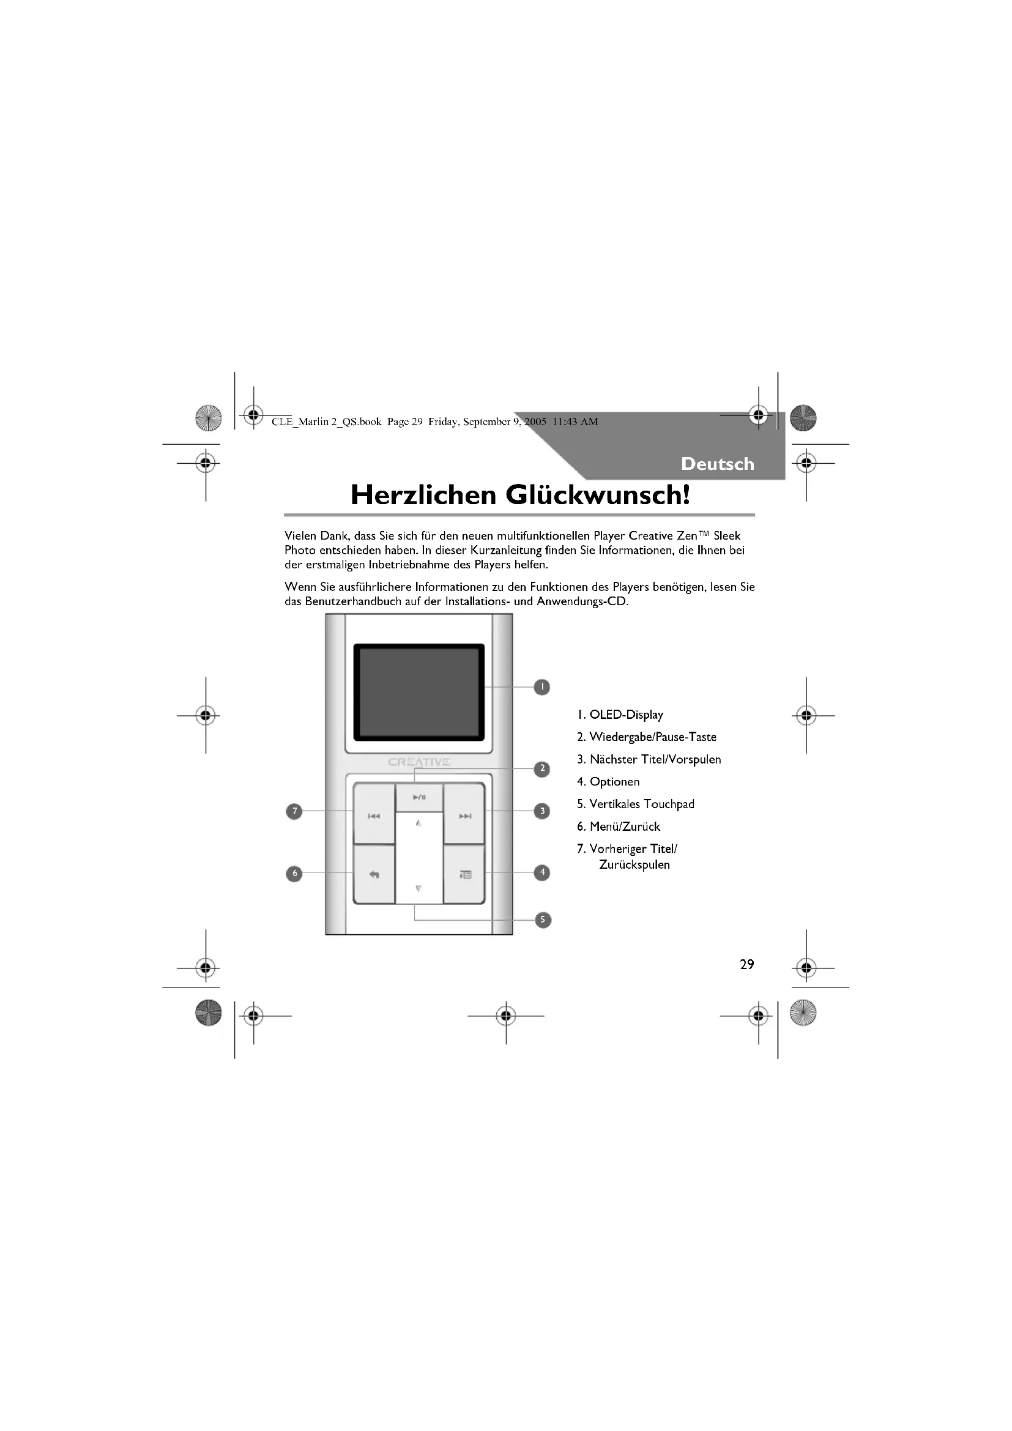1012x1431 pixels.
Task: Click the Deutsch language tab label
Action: point(717,464)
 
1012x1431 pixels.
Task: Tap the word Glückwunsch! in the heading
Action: point(598,495)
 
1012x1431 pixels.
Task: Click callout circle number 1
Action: point(542,687)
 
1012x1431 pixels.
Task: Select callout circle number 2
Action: point(542,768)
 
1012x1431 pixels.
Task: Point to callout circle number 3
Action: point(542,811)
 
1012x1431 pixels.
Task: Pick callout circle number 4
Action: point(542,872)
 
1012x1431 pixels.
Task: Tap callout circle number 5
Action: point(543,920)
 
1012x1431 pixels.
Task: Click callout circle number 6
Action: point(294,873)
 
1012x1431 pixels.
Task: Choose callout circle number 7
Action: point(294,811)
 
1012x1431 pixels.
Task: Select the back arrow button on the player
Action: point(374,874)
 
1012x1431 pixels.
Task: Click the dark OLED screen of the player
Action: point(419,692)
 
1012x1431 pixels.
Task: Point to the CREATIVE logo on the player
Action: point(419,762)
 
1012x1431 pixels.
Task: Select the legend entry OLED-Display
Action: point(620,715)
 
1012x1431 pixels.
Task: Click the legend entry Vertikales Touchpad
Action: point(636,804)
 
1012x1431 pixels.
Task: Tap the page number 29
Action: point(746,964)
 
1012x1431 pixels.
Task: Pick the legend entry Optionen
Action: point(608,781)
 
